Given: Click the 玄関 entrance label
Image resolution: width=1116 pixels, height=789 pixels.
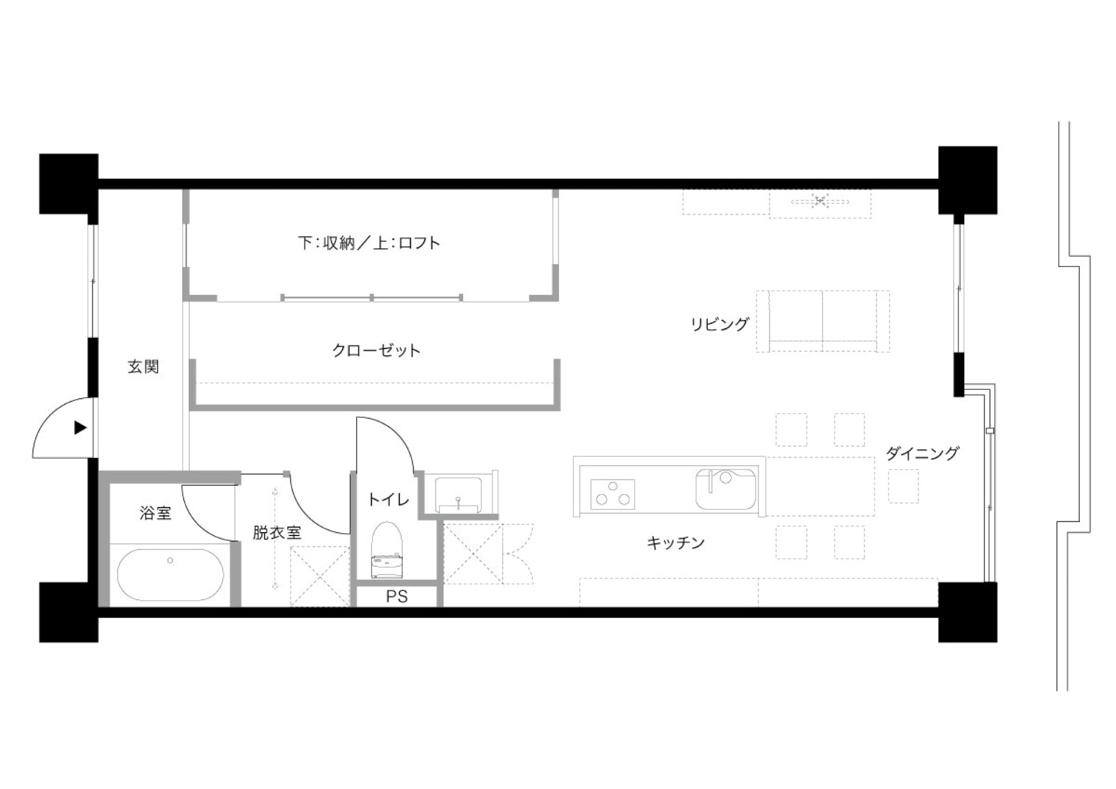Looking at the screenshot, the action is click(143, 366).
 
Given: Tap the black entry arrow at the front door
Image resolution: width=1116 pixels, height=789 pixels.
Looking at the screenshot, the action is click(81, 428).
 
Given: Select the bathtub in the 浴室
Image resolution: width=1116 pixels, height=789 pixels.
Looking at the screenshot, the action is click(171, 575).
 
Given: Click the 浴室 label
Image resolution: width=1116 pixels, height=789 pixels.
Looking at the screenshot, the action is click(155, 513).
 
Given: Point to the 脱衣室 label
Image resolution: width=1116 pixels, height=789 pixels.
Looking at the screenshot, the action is click(277, 532).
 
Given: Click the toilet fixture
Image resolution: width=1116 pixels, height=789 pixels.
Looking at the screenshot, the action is click(387, 550).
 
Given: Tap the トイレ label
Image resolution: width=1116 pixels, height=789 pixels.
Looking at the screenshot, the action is click(388, 499).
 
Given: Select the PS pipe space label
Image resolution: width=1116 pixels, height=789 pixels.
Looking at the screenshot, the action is click(397, 596).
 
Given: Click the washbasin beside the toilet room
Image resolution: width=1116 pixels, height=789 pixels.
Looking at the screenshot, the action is click(458, 494).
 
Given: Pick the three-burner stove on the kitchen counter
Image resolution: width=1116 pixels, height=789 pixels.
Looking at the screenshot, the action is click(613, 494).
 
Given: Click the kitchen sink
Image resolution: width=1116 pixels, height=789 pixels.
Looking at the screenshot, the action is click(725, 489).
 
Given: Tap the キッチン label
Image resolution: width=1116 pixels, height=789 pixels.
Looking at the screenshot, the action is click(676, 542).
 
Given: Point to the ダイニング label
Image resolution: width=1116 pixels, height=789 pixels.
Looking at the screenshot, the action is click(922, 453).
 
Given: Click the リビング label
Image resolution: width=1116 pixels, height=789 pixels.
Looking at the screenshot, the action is click(720, 324).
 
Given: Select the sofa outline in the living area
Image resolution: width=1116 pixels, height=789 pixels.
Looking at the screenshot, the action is click(823, 321).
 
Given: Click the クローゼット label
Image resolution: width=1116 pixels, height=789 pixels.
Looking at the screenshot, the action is click(376, 350).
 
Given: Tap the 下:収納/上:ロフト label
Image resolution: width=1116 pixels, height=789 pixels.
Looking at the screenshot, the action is click(369, 243).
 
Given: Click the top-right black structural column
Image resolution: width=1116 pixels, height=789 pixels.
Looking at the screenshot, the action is click(968, 180).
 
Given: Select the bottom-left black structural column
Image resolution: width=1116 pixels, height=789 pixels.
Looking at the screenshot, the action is click(69, 612).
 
